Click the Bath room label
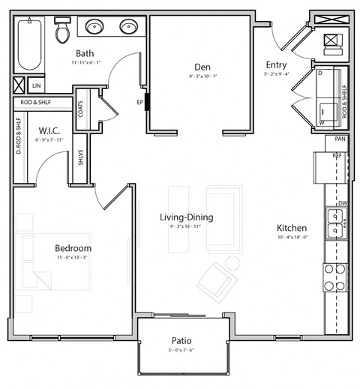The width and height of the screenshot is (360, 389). pos(85,53)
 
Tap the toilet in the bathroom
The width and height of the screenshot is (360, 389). pos(62,31)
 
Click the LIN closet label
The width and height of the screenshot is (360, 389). pos(35,86)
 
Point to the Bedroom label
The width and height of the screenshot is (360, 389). pos(73,248)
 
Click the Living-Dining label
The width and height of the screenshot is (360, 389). pos(186,217)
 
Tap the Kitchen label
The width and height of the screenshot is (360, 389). pos(292,227)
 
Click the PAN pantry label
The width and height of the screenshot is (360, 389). pos(340,139)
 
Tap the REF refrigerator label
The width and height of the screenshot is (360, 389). pos(338,155)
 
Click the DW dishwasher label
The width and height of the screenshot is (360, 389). pos(342,203)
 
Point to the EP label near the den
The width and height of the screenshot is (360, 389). pos(139,103)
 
